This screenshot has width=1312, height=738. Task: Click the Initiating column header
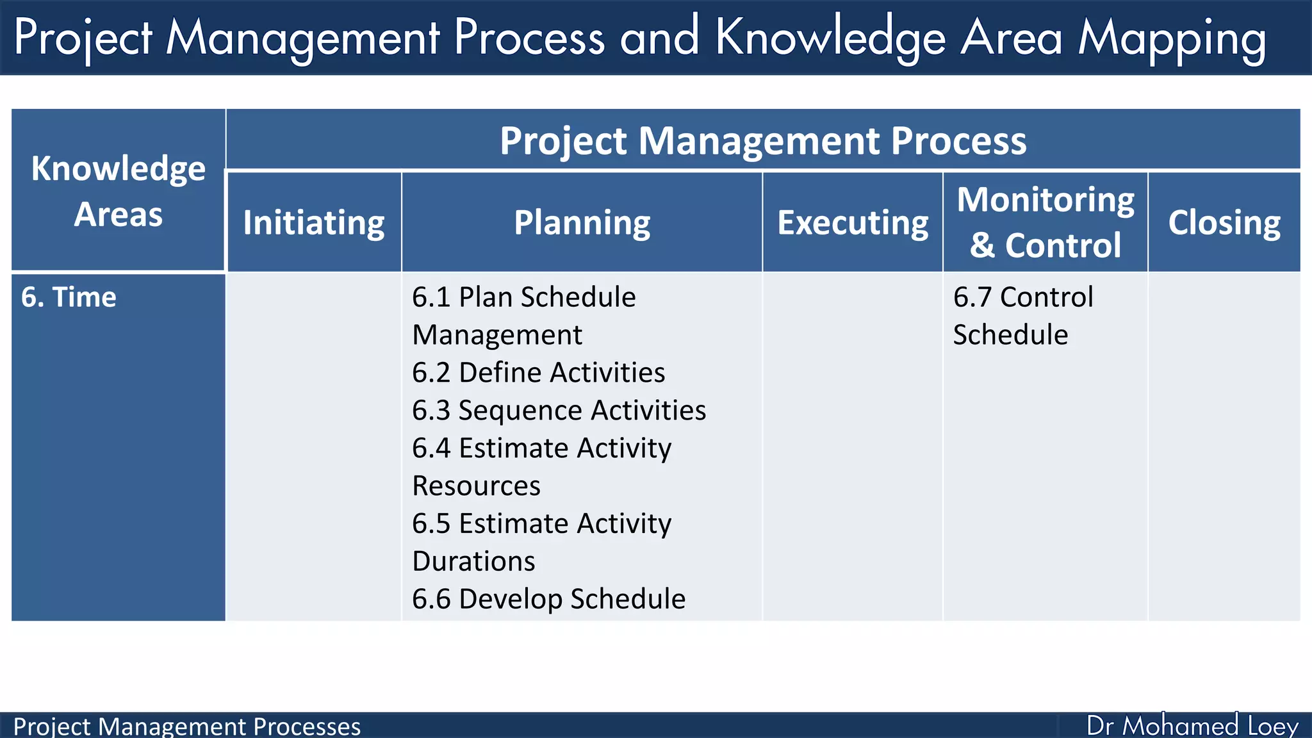click(314, 223)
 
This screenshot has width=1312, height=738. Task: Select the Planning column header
click(582, 223)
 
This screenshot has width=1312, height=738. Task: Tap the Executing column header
click(853, 223)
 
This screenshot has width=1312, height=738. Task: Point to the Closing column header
click(1224, 223)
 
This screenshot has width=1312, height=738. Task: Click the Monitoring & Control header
click(1045, 222)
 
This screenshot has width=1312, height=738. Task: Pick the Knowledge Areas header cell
click(119, 191)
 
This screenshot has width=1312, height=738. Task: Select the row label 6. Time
click(69, 297)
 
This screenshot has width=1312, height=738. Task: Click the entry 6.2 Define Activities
click(538, 373)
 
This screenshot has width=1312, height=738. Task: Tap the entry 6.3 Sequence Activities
click(559, 411)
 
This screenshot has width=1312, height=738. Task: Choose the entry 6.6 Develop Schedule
click(548, 599)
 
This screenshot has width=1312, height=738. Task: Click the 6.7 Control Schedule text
click(1022, 316)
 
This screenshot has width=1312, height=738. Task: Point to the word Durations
click(473, 561)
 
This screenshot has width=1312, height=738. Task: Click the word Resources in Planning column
click(476, 486)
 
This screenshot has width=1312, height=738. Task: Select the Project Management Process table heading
click(762, 140)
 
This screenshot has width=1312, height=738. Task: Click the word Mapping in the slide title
click(1172, 38)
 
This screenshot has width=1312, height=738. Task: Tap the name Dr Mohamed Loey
click(1192, 726)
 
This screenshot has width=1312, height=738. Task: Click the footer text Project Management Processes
click(186, 726)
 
